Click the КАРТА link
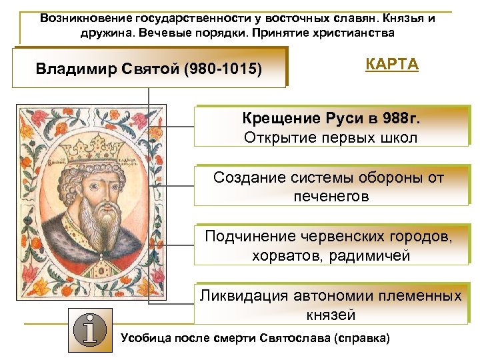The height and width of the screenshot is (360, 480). coord(392,65)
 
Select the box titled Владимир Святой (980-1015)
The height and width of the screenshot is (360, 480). coord(149,69)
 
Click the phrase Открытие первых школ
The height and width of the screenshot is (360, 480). coord(331,138)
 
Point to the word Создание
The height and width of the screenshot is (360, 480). coord(249,178)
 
